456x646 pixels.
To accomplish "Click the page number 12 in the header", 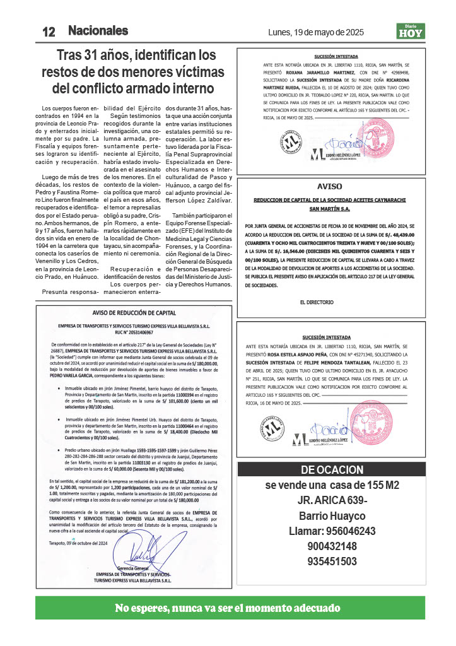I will coord(49,32).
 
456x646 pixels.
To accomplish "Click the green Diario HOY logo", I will coord(411,31).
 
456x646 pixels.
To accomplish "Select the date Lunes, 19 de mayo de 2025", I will coord(316,32).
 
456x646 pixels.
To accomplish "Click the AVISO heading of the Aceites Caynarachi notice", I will coord(329,187).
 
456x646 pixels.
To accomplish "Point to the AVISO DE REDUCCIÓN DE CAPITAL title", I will coord(134,312).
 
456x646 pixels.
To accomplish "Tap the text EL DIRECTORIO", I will coord(317,302).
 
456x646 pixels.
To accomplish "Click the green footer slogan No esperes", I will coord(228,608).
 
